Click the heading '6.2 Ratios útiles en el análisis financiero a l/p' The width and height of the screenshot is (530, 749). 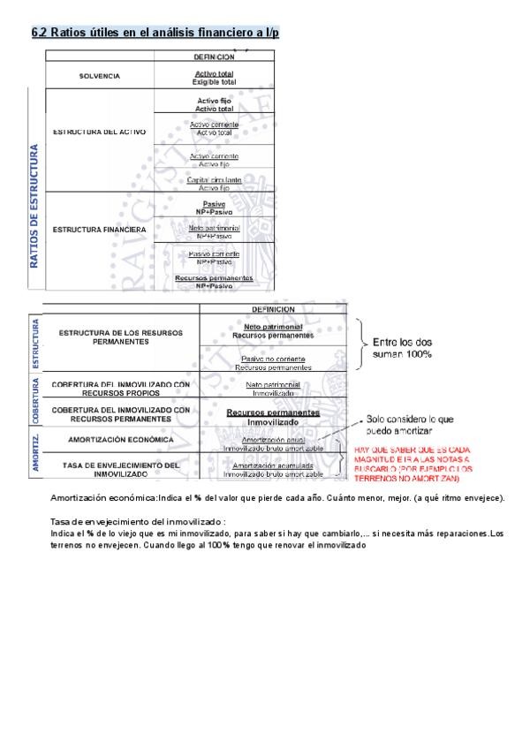(x=155, y=33)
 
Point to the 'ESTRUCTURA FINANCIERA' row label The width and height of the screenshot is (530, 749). (x=99, y=230)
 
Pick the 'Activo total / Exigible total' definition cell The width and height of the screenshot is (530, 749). (x=214, y=77)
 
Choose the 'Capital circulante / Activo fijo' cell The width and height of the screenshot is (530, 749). (x=214, y=184)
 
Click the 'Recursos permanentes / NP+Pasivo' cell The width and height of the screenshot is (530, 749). (x=214, y=282)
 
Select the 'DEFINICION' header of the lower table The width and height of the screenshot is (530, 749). (x=273, y=309)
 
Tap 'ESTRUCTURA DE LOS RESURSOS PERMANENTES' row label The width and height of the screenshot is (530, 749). (x=120, y=336)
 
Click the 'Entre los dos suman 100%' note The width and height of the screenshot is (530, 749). (x=402, y=347)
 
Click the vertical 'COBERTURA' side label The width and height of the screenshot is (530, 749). (x=36, y=403)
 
